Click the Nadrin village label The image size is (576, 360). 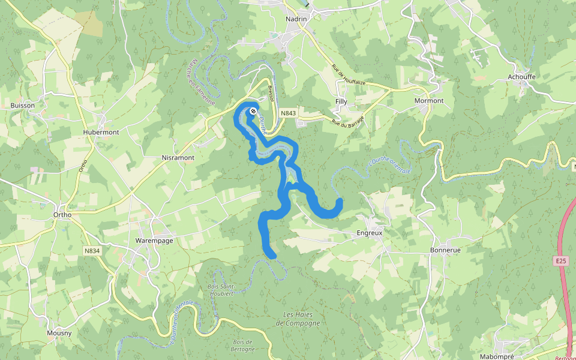click(296, 19)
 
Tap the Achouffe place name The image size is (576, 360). click(521, 77)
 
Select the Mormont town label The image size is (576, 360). click(429, 101)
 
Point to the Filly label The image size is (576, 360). click(341, 101)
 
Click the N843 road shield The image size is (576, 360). click(288, 113)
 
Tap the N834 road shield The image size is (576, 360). click(91, 251)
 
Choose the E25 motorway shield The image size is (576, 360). click(560, 261)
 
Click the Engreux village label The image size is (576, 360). click(370, 232)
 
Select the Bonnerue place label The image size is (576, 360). click(445, 250)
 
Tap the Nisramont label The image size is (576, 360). click(178, 158)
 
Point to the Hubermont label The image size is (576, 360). click(101, 132)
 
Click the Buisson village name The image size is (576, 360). click(23, 105)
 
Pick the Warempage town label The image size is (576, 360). click(154, 241)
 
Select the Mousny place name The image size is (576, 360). click(59, 332)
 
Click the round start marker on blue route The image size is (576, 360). click(253, 111)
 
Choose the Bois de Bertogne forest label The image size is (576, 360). click(244, 345)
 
